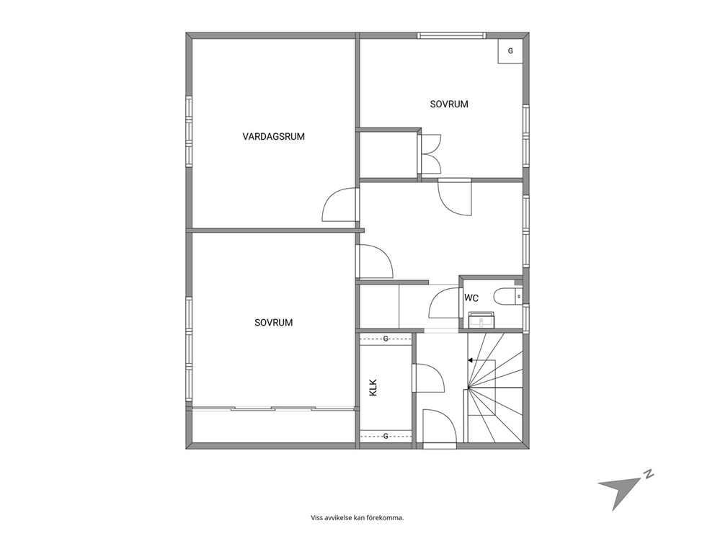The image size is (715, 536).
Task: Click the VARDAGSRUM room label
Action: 274,136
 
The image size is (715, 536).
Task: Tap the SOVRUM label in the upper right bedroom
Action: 449,104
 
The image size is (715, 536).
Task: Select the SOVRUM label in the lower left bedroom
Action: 274,323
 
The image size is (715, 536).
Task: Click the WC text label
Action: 471,298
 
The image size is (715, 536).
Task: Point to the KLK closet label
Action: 373,388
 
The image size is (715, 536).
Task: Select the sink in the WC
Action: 481,320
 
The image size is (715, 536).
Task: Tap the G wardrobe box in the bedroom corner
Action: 510,51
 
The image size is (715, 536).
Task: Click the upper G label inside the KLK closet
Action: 386,339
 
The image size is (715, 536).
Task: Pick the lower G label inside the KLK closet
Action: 386,436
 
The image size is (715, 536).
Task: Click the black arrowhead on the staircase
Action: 470,360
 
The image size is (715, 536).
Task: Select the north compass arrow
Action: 619,491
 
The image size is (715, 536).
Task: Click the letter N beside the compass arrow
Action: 649,474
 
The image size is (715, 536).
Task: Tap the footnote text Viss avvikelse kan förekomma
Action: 357,518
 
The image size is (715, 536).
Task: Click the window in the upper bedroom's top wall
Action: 451,35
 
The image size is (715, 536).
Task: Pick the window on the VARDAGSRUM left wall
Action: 189,131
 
